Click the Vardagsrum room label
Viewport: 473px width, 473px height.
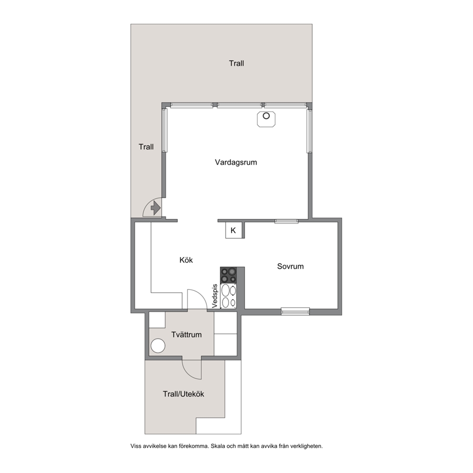[x=236, y=162]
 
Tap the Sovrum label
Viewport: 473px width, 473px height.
[x=290, y=267]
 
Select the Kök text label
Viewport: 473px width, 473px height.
[x=186, y=260]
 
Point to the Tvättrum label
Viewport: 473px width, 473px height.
[x=186, y=335]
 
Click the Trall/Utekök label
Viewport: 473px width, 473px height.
[x=184, y=394]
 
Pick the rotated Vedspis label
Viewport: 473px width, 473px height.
[x=215, y=296]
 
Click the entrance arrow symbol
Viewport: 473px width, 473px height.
[x=155, y=208]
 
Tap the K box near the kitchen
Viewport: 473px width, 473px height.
[x=234, y=231]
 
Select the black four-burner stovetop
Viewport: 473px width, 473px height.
[x=228, y=275]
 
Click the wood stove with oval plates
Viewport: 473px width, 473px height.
[x=228, y=296]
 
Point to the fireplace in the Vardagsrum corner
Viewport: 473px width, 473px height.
[x=266, y=119]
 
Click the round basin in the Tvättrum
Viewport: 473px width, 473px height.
[x=158, y=346]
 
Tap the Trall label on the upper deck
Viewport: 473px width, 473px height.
[x=236, y=63]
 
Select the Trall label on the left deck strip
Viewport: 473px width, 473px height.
[x=146, y=147]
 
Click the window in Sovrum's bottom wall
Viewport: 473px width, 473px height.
[x=295, y=311]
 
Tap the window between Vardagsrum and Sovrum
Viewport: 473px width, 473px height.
[x=286, y=221]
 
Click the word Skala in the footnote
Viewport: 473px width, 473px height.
[x=217, y=446]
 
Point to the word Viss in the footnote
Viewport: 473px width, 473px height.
[x=135, y=446]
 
